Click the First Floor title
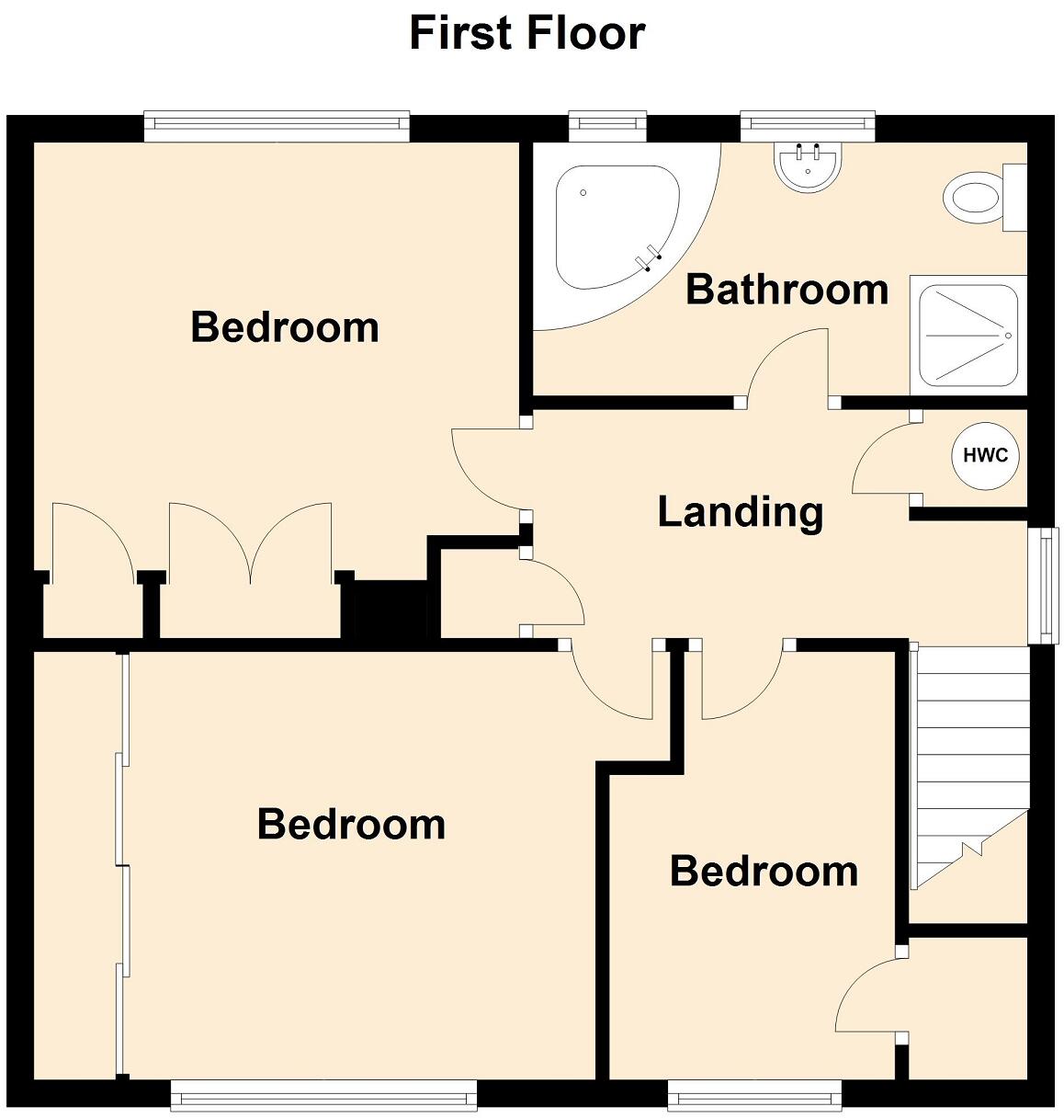click(x=526, y=33)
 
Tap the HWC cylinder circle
click(x=985, y=454)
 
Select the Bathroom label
click(x=787, y=290)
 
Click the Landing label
click(x=740, y=511)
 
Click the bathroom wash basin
click(x=808, y=166)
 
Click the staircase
click(x=969, y=763)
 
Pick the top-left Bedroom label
click(x=285, y=327)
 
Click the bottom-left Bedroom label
click(x=351, y=824)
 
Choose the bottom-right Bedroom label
click(x=764, y=871)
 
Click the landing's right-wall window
click(x=1046, y=585)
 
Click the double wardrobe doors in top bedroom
click(x=250, y=542)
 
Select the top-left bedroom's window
click(x=276, y=127)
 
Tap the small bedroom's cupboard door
click(x=868, y=998)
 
